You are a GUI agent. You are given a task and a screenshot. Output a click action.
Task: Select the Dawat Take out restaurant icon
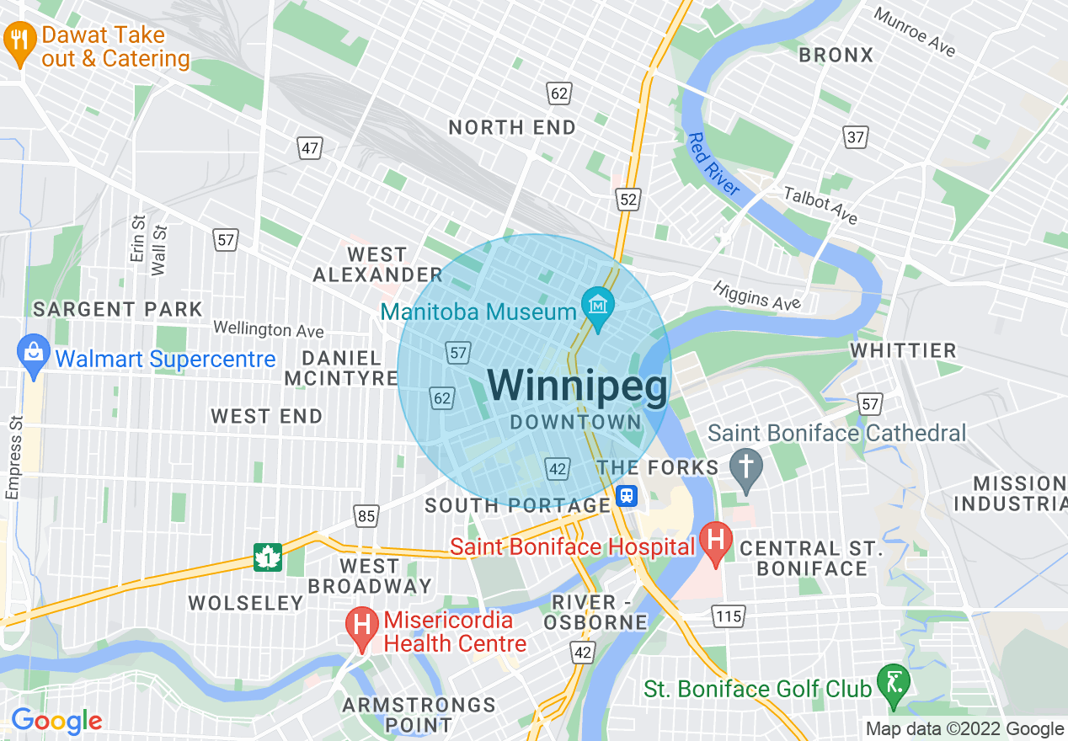tap(19, 40)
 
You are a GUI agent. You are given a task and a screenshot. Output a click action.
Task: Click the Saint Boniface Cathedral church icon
tap(745, 466)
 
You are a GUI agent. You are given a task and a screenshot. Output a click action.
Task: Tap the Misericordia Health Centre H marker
tap(362, 626)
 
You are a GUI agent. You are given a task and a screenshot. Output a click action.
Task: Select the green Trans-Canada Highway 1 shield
tap(267, 557)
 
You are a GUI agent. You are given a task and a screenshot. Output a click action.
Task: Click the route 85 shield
tap(366, 515)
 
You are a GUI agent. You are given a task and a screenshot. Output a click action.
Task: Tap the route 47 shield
tap(310, 149)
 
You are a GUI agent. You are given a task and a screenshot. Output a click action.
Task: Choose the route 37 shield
tap(856, 136)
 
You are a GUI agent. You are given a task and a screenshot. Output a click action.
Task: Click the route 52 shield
tap(628, 199)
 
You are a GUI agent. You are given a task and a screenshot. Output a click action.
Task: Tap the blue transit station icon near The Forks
tap(626, 495)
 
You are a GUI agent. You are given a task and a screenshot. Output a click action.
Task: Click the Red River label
tap(713, 164)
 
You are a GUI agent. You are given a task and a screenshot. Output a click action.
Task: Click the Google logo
tap(56, 721)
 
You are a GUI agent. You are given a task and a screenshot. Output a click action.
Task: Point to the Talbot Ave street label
tap(820, 205)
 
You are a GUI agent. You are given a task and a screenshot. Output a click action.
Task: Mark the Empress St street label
tap(13, 458)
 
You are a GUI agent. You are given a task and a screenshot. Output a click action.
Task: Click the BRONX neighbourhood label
tap(836, 56)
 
